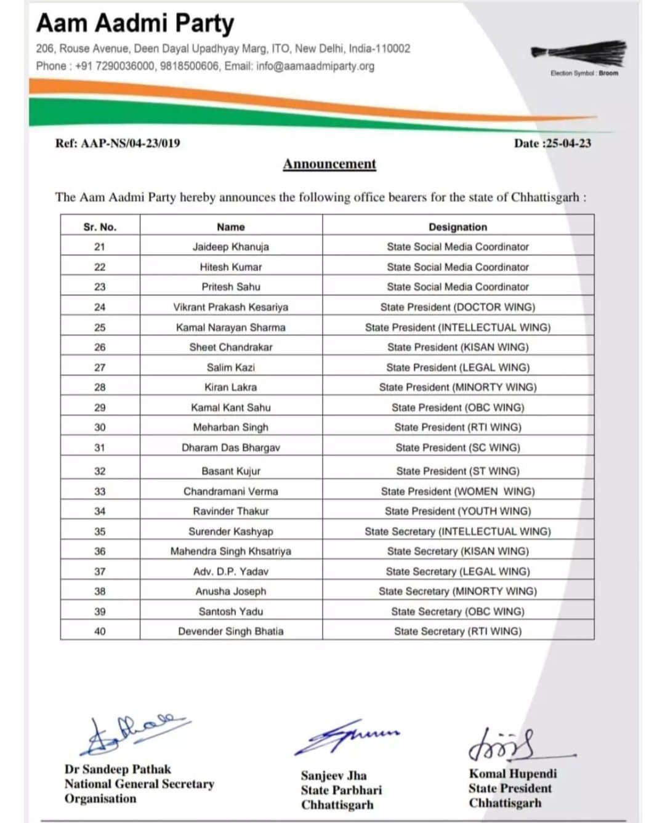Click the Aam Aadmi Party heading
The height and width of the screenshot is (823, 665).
click(135, 23)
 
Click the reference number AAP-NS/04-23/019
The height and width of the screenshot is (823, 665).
click(131, 143)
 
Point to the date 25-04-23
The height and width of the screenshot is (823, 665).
click(568, 143)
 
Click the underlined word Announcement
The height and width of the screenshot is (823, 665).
click(329, 164)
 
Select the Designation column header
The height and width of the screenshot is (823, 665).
click(457, 227)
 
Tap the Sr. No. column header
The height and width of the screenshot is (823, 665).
click(100, 227)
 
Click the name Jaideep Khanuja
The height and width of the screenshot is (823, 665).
click(231, 247)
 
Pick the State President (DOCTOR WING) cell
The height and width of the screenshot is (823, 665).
click(457, 307)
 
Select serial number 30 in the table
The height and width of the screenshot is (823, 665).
click(100, 427)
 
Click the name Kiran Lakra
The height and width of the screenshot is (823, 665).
click(231, 387)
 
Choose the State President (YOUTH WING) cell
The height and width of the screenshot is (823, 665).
click(457, 511)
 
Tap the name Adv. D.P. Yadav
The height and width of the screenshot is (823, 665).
click(231, 571)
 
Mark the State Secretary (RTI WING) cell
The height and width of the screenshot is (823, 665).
click(457, 631)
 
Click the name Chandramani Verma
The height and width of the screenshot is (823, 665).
click(231, 491)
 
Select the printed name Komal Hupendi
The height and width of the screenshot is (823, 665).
click(512, 774)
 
